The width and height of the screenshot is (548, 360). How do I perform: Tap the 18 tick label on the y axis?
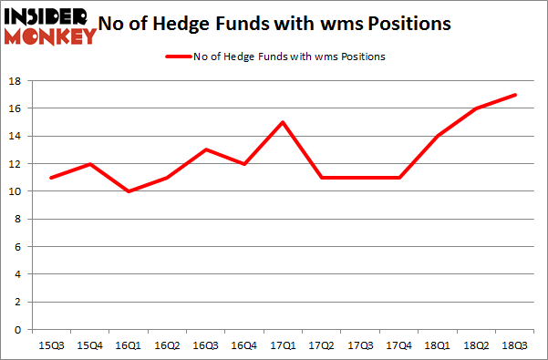(x=16, y=81)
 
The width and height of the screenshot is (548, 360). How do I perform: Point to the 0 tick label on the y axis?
(x=19, y=330)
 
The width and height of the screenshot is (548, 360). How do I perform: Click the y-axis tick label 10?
(x=16, y=191)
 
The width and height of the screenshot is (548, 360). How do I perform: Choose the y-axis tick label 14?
(x=16, y=137)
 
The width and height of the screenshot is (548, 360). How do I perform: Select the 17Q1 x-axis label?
(x=284, y=345)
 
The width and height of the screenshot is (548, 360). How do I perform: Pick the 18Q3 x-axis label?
(x=515, y=345)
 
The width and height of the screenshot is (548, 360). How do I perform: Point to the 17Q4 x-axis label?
(x=399, y=345)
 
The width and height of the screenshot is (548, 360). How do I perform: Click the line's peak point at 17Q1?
(x=284, y=122)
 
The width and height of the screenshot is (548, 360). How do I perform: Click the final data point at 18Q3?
(x=515, y=95)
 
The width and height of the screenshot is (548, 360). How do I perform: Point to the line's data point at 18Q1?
(x=439, y=136)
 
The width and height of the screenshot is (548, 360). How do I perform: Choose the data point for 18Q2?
(x=477, y=108)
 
